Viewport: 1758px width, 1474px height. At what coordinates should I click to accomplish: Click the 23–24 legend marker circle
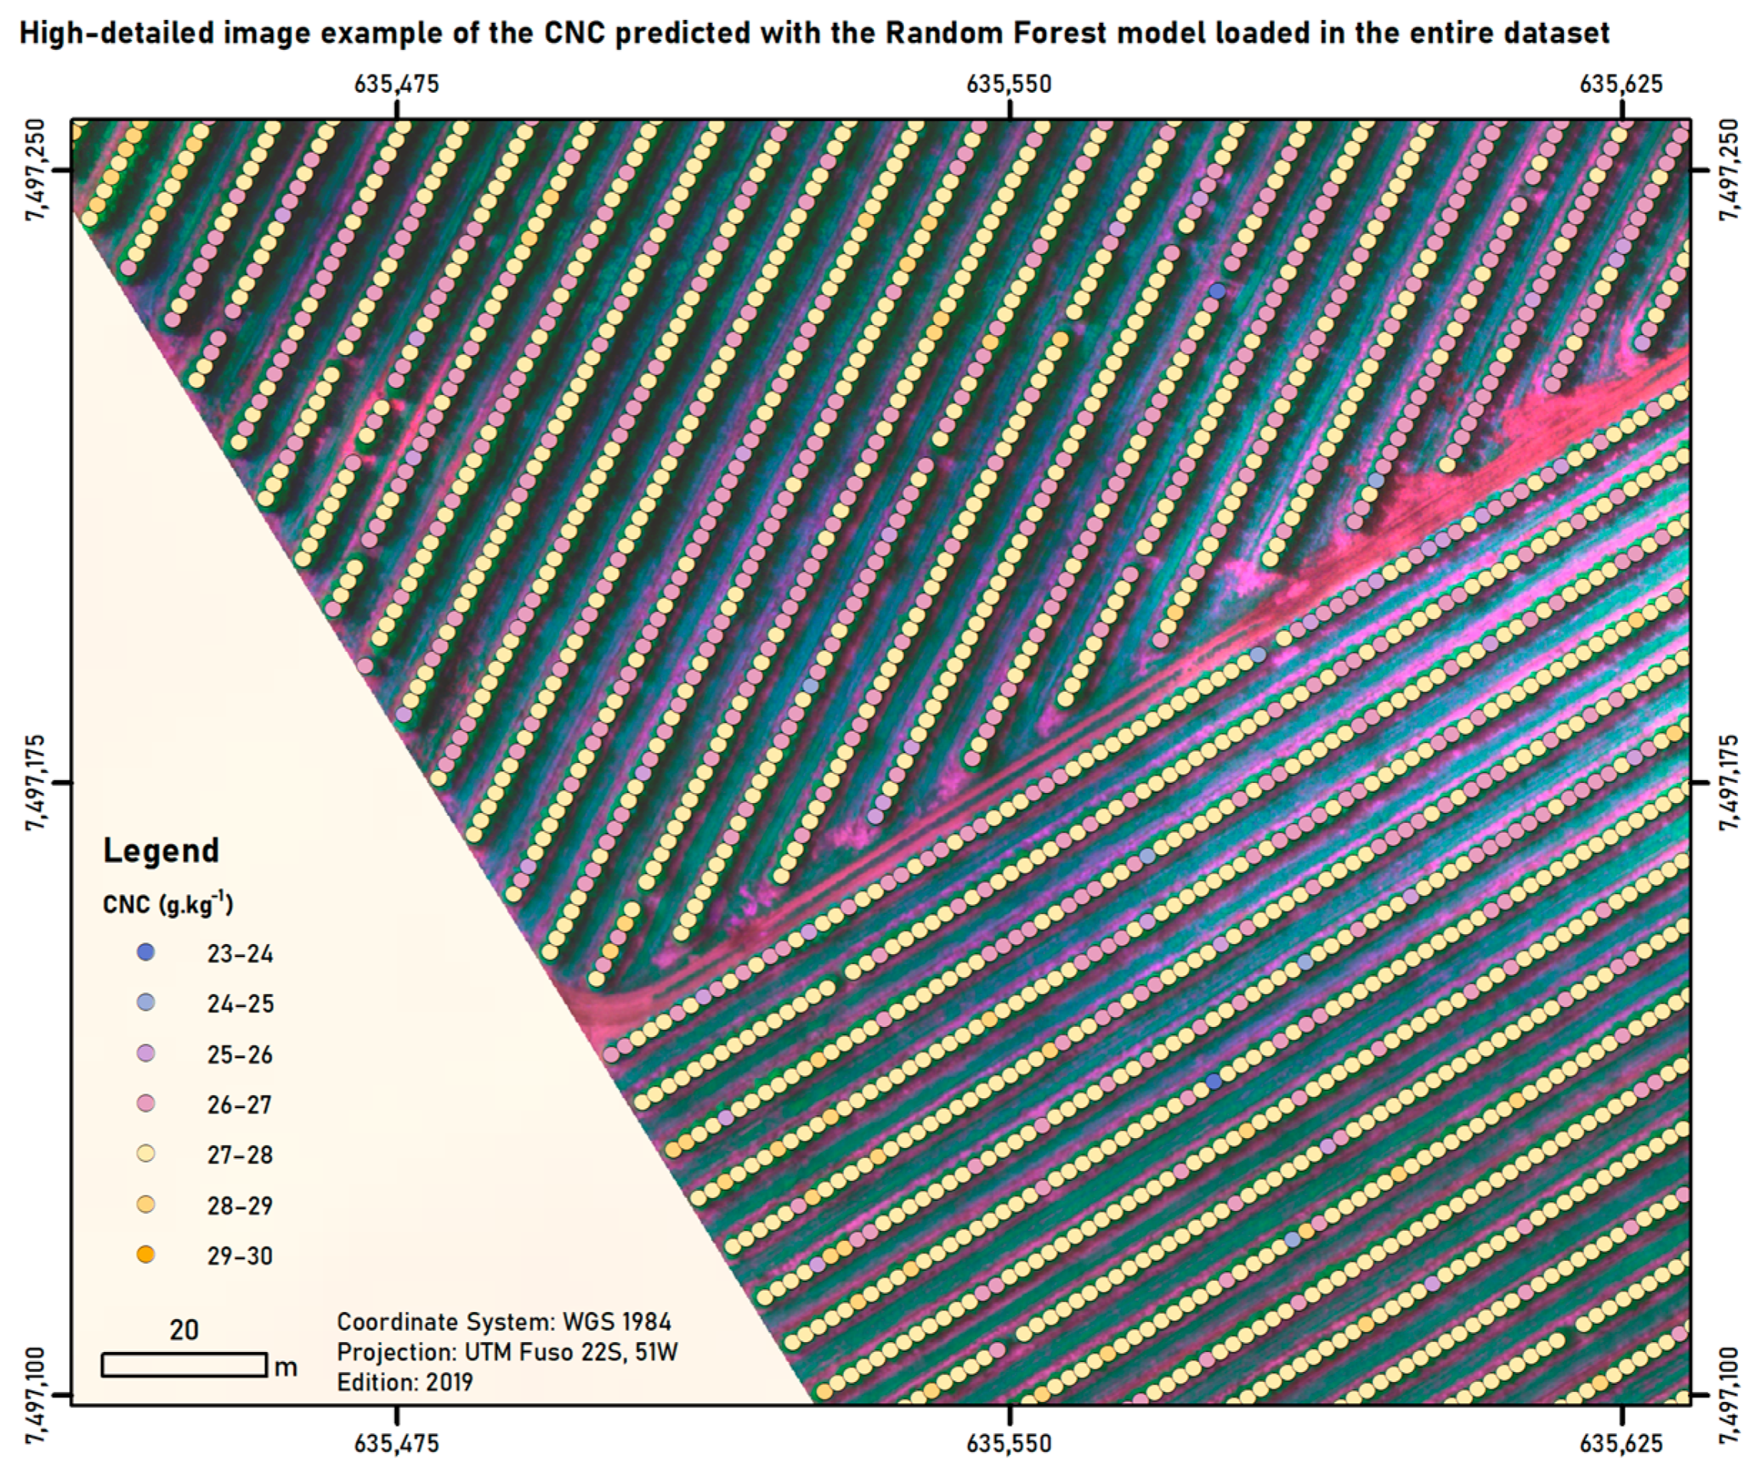coord(146,953)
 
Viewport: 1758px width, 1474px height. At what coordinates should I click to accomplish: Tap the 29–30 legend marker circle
coord(146,1255)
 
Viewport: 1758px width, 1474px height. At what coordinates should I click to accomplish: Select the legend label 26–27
coord(240,1104)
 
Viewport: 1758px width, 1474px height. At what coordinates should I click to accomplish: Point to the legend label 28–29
coord(240,1205)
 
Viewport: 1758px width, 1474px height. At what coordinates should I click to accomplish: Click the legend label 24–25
coord(240,1003)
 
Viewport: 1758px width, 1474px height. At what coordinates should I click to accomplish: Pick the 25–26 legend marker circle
coord(146,1054)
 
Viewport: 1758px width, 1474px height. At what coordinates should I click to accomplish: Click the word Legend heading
coord(161,850)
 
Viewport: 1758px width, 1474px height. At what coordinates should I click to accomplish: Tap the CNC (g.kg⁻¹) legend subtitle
coord(167,903)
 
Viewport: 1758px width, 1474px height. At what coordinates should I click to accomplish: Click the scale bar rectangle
coord(184,1364)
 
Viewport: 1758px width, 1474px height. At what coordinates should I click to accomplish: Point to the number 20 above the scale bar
coord(184,1330)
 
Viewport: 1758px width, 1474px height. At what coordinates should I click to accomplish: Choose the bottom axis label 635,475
coord(396,1443)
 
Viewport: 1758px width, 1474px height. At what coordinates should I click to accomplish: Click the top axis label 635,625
coord(1621,84)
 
